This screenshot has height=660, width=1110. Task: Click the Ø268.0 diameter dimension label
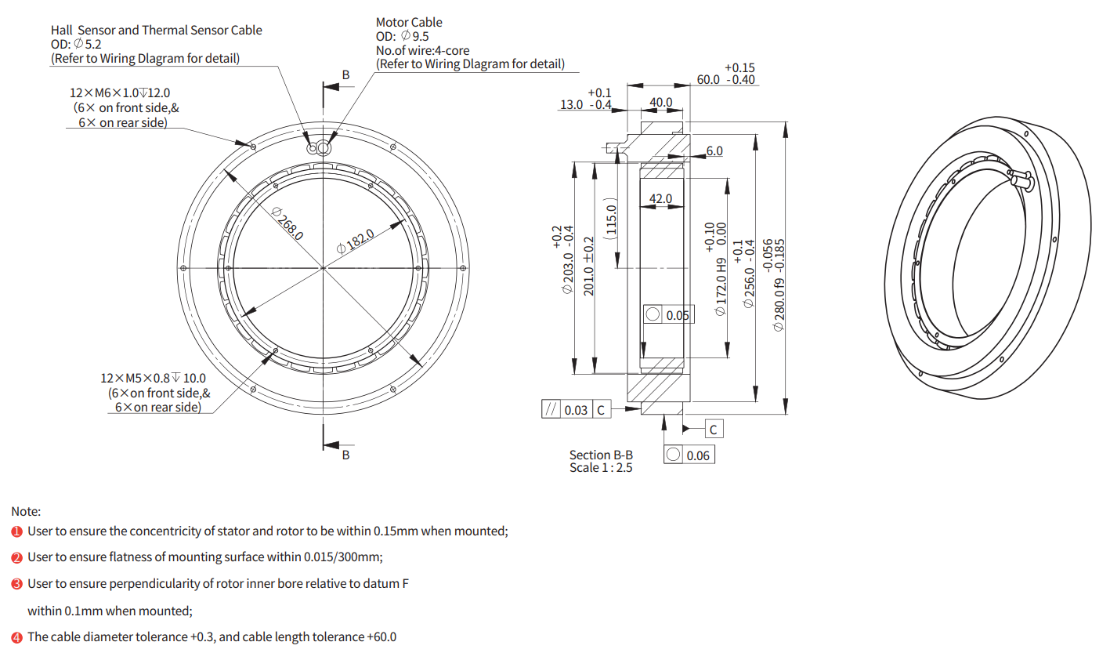coord(288,223)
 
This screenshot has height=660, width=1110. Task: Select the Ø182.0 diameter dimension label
coord(356,241)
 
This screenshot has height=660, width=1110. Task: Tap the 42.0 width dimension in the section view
coord(660,198)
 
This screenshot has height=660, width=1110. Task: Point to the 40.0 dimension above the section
coord(661,102)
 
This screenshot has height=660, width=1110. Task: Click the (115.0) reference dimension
coord(611,219)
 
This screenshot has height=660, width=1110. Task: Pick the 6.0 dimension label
coord(714,150)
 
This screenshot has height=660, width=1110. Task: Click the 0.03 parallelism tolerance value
coord(576,410)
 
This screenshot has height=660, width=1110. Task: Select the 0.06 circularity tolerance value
coord(698,455)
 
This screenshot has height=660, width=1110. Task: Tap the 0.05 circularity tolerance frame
coord(668,314)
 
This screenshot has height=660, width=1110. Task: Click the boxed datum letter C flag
coord(714,430)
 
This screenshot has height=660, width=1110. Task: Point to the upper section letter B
coord(346,75)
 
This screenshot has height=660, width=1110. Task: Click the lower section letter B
coord(346,455)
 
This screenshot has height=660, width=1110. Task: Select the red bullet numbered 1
coord(17,531)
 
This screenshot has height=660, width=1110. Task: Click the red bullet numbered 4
coord(17,637)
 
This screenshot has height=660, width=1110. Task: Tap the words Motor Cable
coord(409,22)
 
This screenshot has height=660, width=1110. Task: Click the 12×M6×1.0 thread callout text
coord(120,92)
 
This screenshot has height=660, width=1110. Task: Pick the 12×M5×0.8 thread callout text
coord(153,378)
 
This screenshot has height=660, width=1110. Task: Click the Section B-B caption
coord(601,455)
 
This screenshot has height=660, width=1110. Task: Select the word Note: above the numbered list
coord(27,511)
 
